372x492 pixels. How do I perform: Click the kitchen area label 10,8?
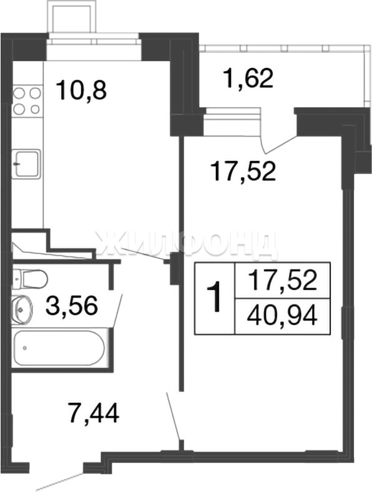81,90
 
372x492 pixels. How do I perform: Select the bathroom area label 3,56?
71,306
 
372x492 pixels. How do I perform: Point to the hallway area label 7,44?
94,413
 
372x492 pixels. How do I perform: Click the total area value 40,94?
282,317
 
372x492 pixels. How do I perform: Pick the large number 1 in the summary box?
215,297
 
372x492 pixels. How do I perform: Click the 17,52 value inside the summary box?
282,280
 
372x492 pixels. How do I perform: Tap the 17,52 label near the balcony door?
244,171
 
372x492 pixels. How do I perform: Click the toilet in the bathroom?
30,279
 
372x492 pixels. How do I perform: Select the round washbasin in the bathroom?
22,309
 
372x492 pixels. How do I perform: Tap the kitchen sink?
26,164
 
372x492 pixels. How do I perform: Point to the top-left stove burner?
19,94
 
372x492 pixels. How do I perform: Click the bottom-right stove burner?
35,109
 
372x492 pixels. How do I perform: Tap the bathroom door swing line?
118,311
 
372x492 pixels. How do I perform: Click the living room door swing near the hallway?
174,416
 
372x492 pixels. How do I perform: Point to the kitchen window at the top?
94,42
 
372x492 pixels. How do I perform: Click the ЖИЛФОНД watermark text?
187,245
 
